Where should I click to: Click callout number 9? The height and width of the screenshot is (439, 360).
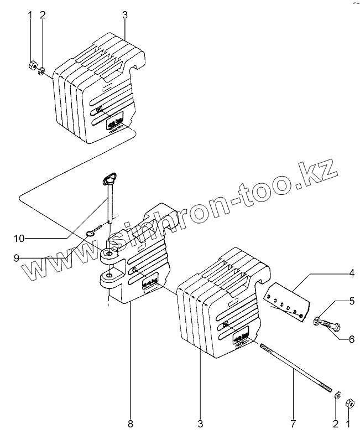17,257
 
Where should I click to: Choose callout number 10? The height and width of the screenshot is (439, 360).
19,239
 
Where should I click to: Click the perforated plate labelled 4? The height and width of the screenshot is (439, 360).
285,302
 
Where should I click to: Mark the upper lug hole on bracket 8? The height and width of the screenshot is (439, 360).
110,254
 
